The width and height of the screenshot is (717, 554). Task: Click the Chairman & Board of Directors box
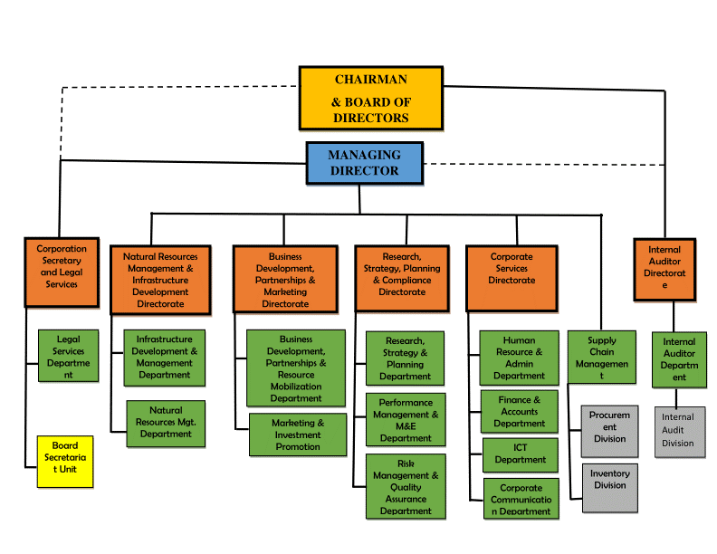point(371,98)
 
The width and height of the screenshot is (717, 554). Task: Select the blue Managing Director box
point(363,163)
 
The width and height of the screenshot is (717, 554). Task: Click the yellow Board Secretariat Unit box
point(64,462)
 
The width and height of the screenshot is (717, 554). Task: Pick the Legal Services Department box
point(68,356)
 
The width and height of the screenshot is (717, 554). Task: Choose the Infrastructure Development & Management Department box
point(164,357)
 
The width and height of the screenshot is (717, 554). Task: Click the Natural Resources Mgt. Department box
point(166,423)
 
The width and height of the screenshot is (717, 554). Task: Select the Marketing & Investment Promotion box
point(297,435)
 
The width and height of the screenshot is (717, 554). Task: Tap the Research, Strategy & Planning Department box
point(405,358)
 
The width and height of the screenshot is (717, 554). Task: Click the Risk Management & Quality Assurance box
point(405,487)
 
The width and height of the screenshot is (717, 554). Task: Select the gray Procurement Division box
point(609,430)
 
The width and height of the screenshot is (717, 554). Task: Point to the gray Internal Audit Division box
point(678,431)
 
